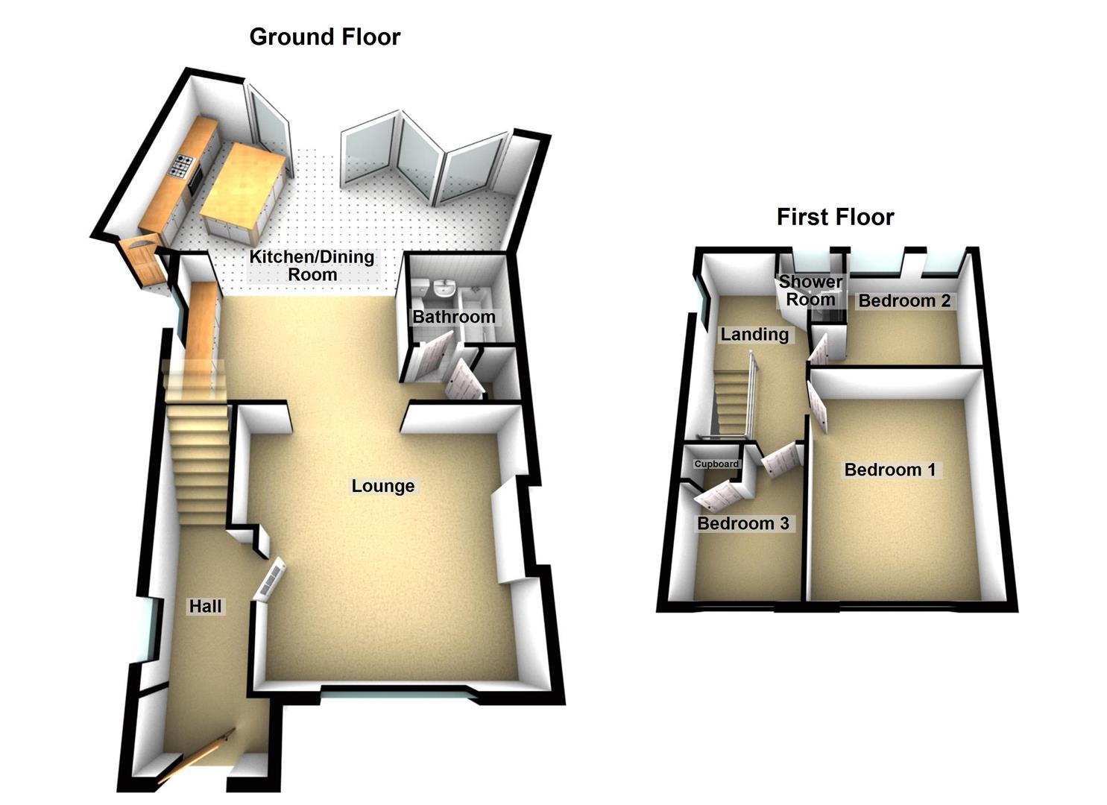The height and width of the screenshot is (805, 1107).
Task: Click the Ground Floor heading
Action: click(x=324, y=37)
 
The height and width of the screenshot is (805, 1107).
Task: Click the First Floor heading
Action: click(x=835, y=217)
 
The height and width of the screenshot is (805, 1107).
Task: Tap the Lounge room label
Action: click(x=382, y=486)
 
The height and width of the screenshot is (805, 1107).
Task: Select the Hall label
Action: click(x=205, y=606)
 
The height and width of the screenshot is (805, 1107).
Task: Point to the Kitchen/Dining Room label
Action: click(x=312, y=265)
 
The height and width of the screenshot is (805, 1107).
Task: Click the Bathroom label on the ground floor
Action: click(x=453, y=317)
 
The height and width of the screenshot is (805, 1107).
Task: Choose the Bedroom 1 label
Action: click(x=889, y=470)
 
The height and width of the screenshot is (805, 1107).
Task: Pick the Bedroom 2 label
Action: click(x=904, y=301)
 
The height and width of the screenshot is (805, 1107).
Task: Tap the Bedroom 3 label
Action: click(x=742, y=523)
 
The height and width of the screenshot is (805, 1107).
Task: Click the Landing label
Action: click(x=754, y=334)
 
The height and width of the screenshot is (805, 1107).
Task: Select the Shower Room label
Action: click(x=810, y=291)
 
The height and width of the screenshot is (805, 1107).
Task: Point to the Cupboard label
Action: click(x=716, y=464)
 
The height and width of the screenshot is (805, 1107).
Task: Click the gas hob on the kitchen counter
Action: click(x=181, y=165)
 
